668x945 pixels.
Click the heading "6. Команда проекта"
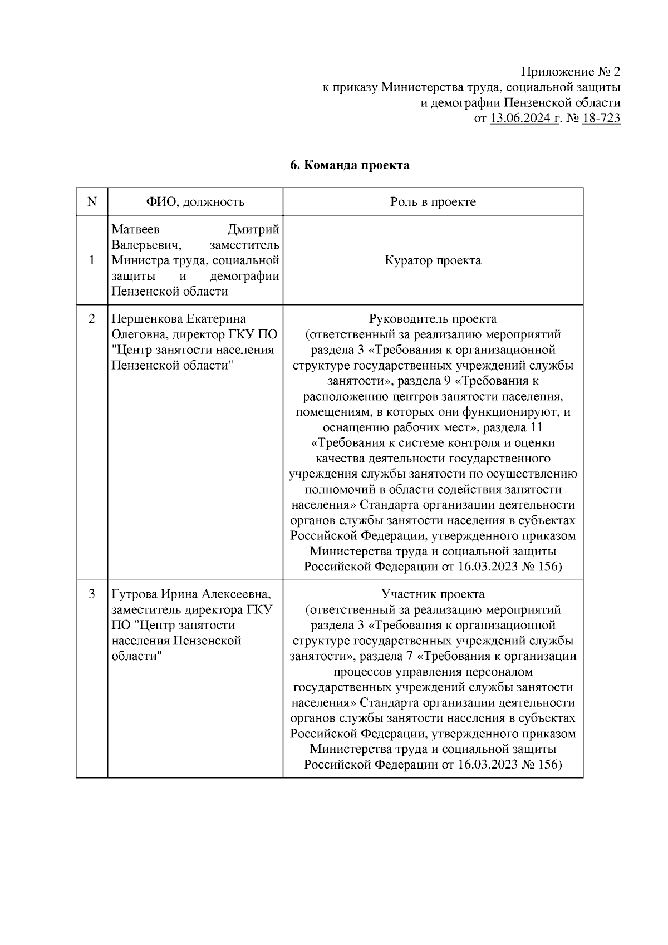[x=350, y=165]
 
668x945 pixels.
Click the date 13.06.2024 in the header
[x=524, y=119]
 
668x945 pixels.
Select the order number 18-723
[x=601, y=119]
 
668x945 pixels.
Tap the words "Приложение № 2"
[x=570, y=72]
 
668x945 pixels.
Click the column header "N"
[x=92, y=201]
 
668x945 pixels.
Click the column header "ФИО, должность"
[x=195, y=201]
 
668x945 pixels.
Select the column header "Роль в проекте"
[x=433, y=201]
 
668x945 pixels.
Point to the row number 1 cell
[x=92, y=260]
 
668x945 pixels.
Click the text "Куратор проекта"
[x=433, y=260]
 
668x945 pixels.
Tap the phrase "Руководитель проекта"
[x=433, y=319]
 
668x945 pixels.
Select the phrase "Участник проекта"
[x=433, y=594]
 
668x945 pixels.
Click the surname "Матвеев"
[x=135, y=230]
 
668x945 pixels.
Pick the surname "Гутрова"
[x=131, y=594]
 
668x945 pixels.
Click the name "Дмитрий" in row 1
[x=253, y=230]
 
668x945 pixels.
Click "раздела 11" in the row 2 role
[x=513, y=427]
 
